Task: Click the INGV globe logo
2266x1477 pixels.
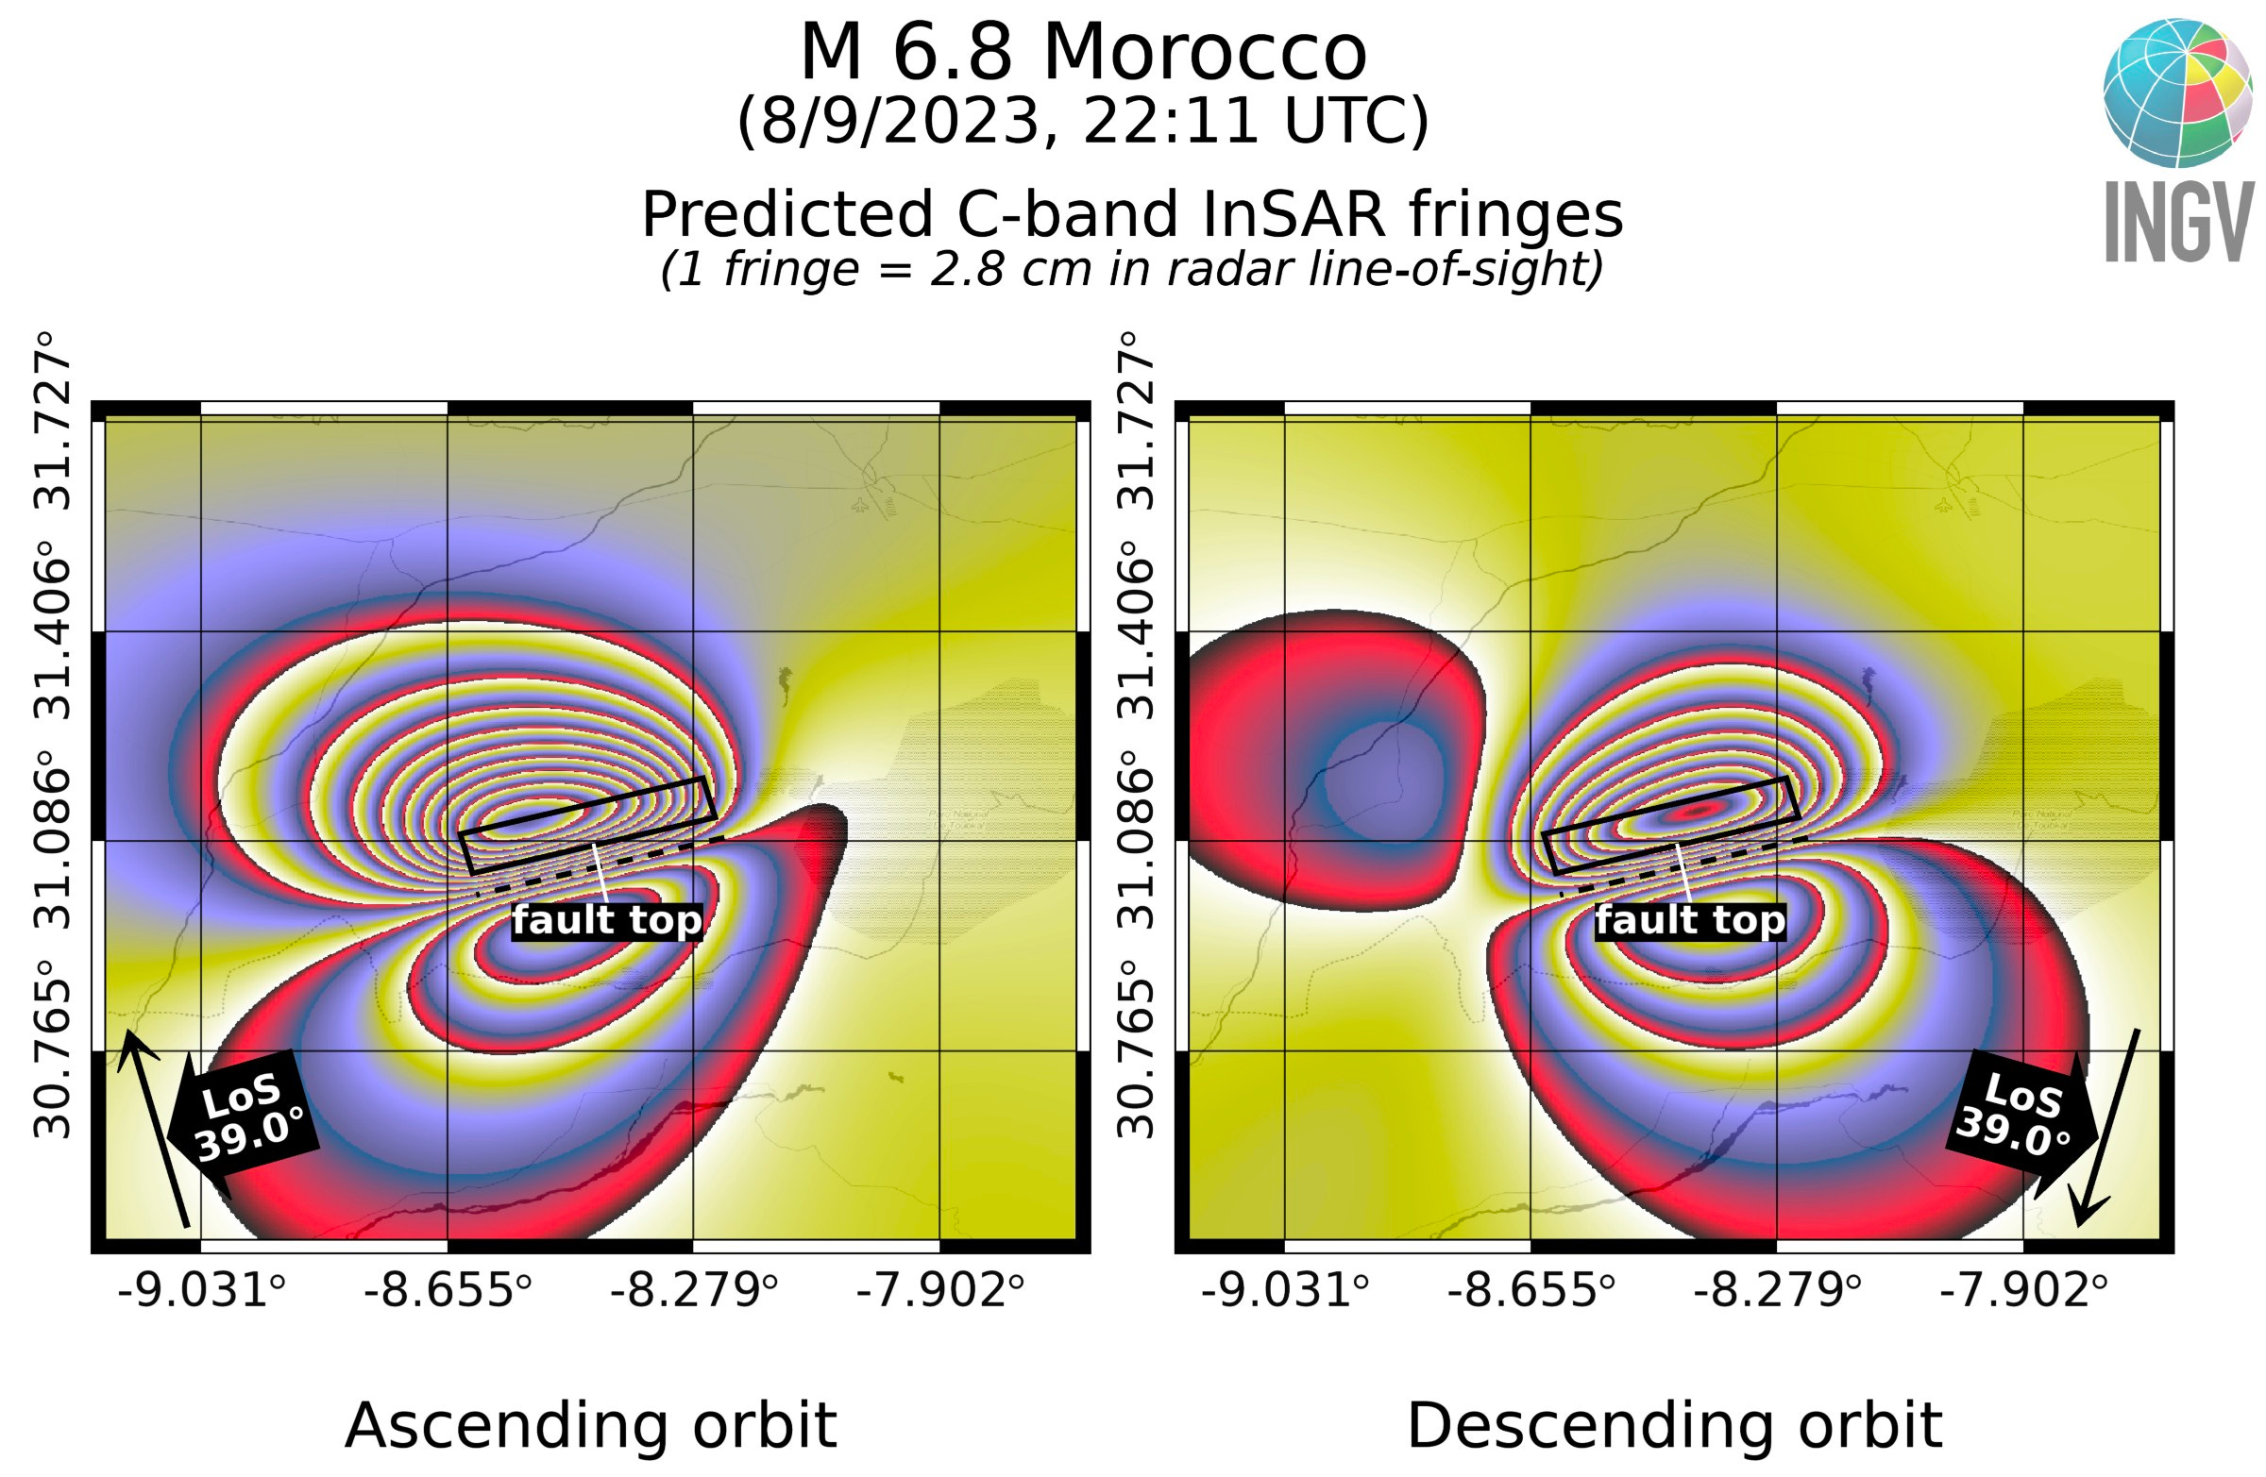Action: pos(2177,92)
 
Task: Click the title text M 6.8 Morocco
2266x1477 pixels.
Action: pos(1084,52)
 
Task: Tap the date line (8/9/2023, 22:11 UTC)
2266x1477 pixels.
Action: pos(1084,121)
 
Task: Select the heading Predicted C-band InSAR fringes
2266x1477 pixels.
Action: pos(1132,214)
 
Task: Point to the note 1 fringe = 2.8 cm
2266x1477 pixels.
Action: pos(1132,269)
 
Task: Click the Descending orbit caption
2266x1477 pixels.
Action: pos(1674,1426)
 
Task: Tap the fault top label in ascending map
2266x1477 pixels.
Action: pos(607,920)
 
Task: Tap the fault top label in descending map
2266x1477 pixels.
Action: pos(1691,920)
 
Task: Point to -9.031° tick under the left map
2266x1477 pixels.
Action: pos(201,1292)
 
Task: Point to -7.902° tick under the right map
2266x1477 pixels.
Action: pos(2023,1292)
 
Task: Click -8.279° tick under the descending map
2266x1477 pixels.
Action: pos(1777,1292)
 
